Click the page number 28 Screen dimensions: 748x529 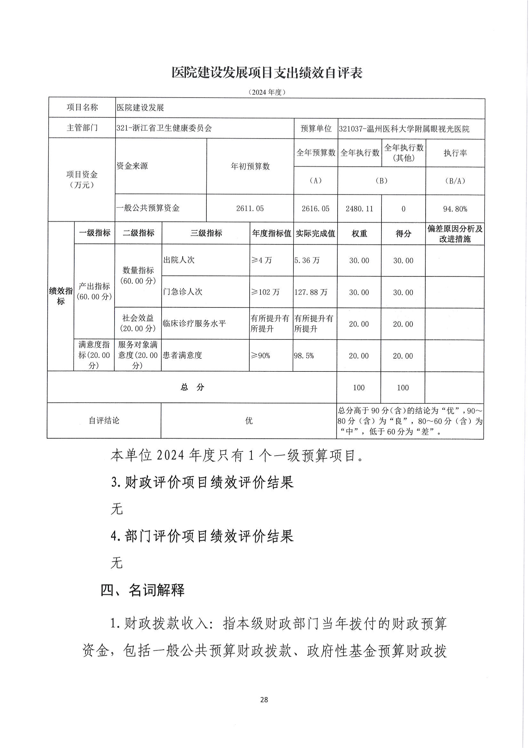264,699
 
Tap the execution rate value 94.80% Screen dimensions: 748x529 455,209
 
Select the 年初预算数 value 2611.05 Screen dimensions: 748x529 250,208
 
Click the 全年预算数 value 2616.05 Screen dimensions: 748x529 315,208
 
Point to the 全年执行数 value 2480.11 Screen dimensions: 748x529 359,208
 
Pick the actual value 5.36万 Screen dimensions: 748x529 307,260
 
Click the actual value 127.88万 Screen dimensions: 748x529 311,292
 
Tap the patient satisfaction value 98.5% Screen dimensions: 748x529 304,355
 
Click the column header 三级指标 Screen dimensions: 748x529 206,233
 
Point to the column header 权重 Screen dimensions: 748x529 359,233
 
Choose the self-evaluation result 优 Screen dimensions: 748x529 249,421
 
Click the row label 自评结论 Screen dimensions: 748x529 104,421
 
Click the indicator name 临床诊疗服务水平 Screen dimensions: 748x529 194,323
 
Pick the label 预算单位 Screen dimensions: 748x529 316,129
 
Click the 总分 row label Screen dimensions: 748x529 192,387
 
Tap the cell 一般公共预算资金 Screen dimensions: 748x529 148,208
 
